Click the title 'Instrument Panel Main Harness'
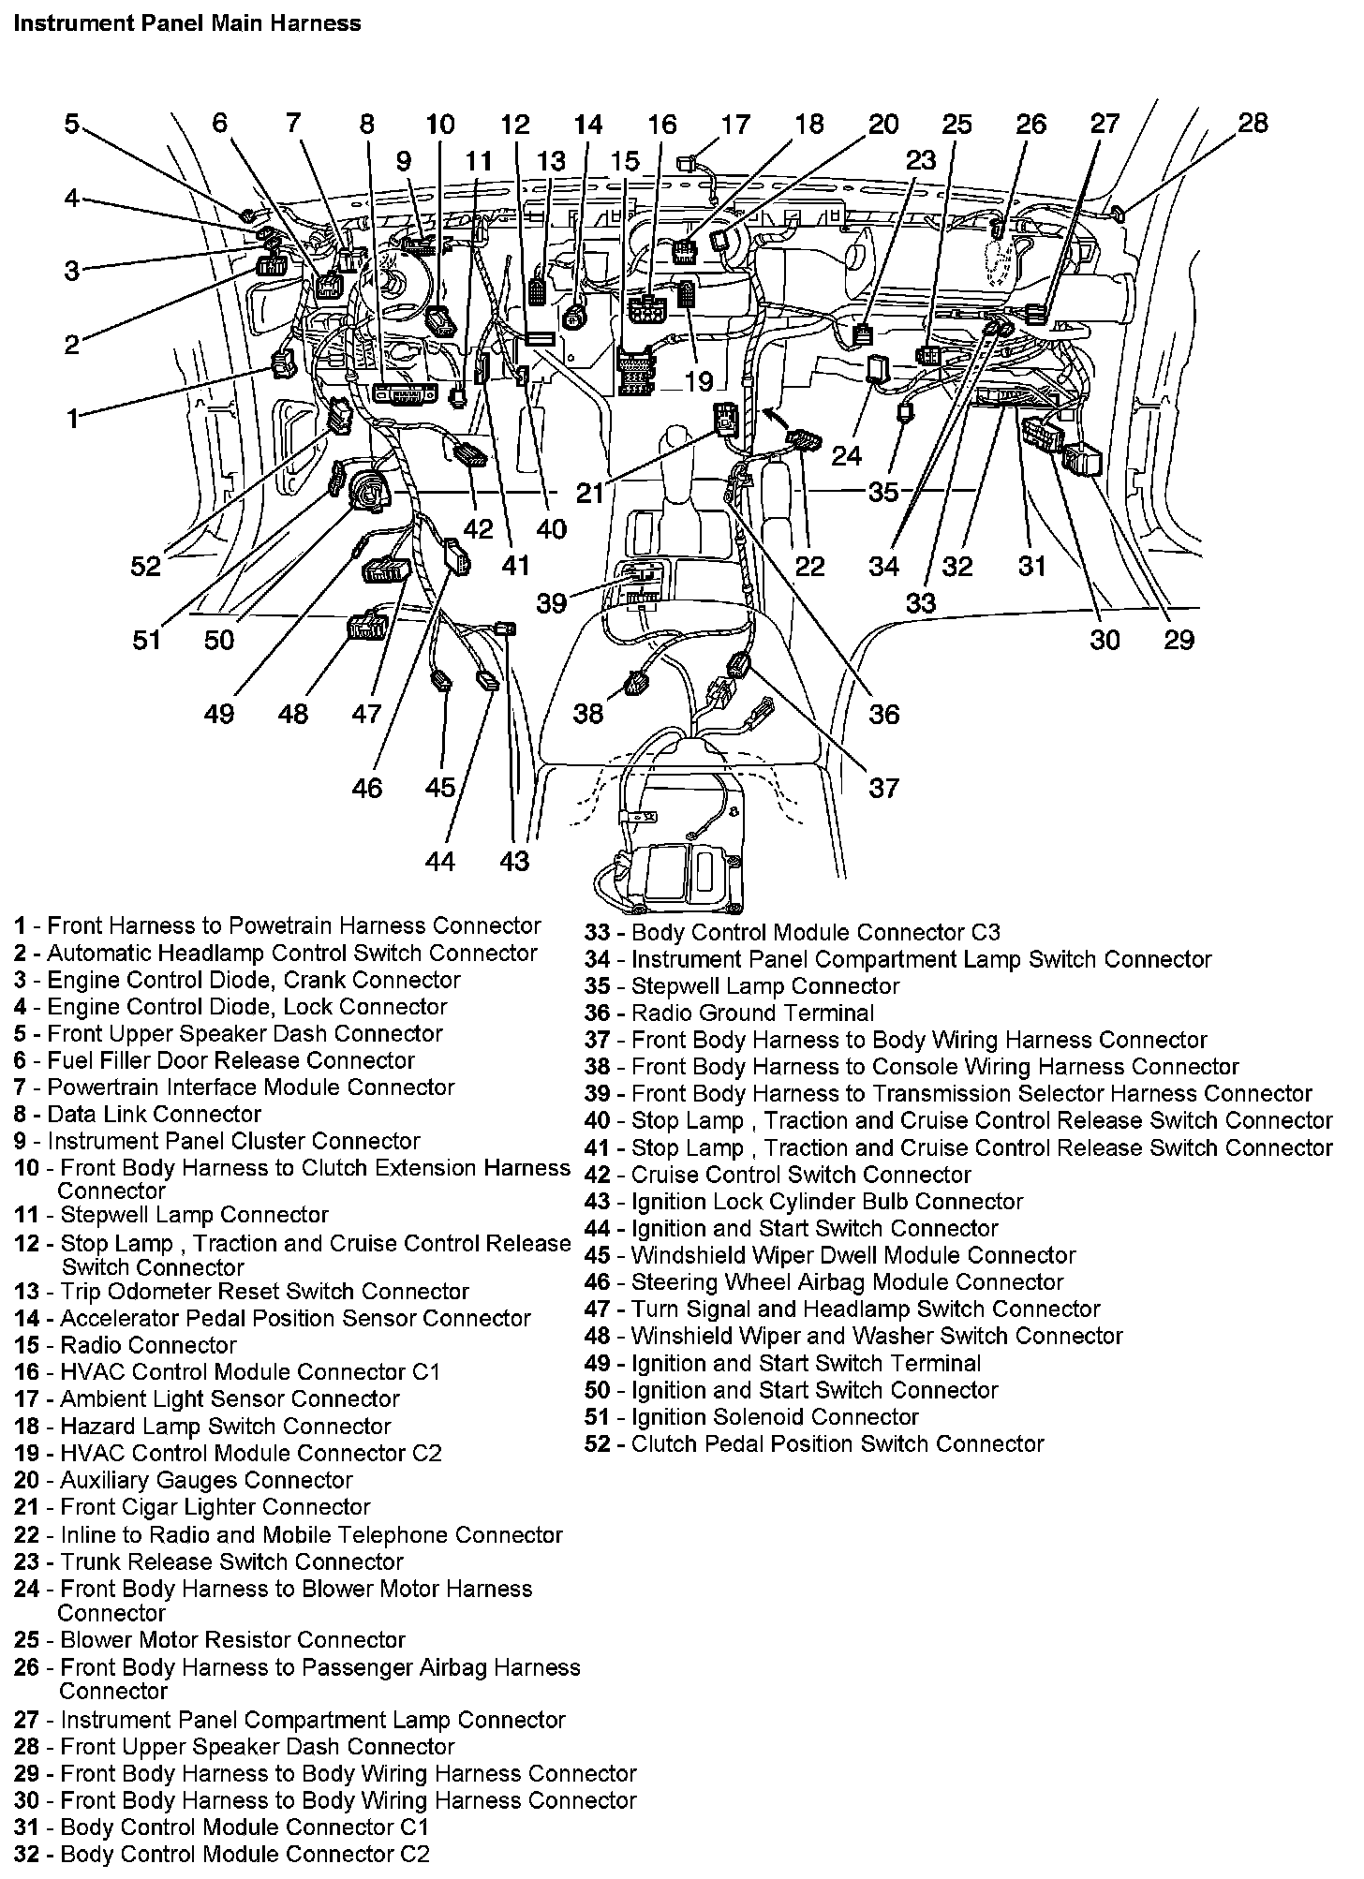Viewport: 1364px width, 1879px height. (x=187, y=23)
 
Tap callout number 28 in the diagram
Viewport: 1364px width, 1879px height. (x=1253, y=123)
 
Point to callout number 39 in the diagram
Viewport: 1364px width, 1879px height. (x=552, y=602)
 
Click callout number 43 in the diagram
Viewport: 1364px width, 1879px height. (x=514, y=861)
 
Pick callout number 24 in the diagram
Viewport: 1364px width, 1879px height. (x=846, y=455)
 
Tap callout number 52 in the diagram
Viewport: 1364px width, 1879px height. (x=146, y=566)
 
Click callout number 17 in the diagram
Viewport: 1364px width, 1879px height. (x=735, y=125)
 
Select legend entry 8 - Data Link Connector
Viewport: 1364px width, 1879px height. (x=138, y=1115)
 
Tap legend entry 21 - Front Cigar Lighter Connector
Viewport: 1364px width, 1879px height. (x=192, y=1508)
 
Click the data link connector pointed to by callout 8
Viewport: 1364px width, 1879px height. (x=406, y=393)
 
